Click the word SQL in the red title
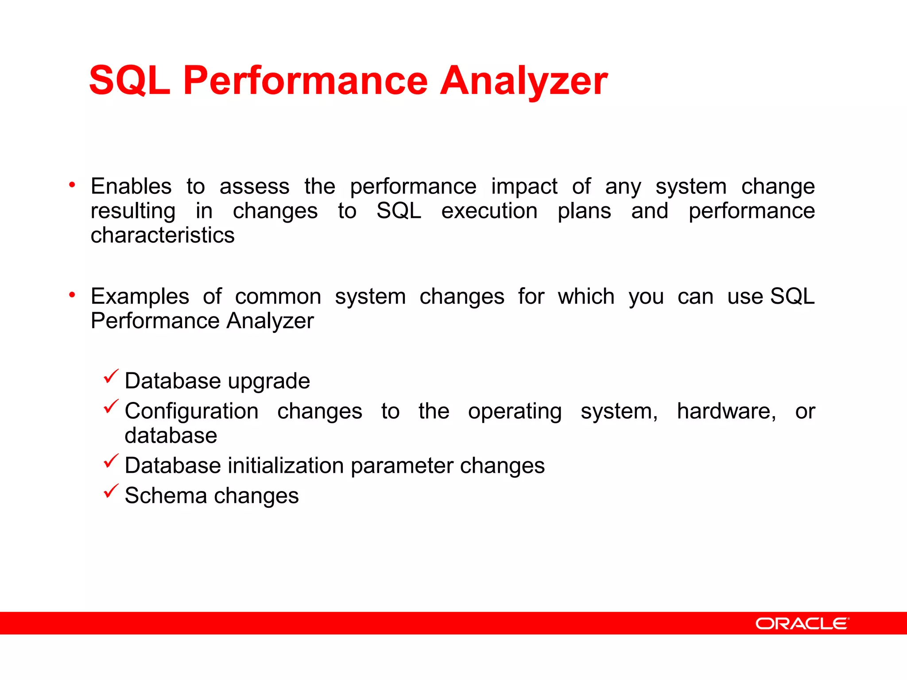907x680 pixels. coord(130,81)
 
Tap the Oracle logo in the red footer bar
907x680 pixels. coord(802,623)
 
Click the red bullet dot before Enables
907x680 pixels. coord(72,185)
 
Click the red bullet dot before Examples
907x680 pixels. coord(72,295)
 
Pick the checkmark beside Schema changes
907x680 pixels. coord(111,491)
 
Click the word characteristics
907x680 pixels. coord(163,235)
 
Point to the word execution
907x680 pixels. coord(489,211)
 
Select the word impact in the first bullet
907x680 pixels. coord(524,187)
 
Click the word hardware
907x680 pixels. coord(726,411)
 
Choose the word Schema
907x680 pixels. coord(166,496)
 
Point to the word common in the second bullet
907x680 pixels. coord(278,297)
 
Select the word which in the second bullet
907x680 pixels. coord(586,297)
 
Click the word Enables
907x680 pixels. coord(131,186)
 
